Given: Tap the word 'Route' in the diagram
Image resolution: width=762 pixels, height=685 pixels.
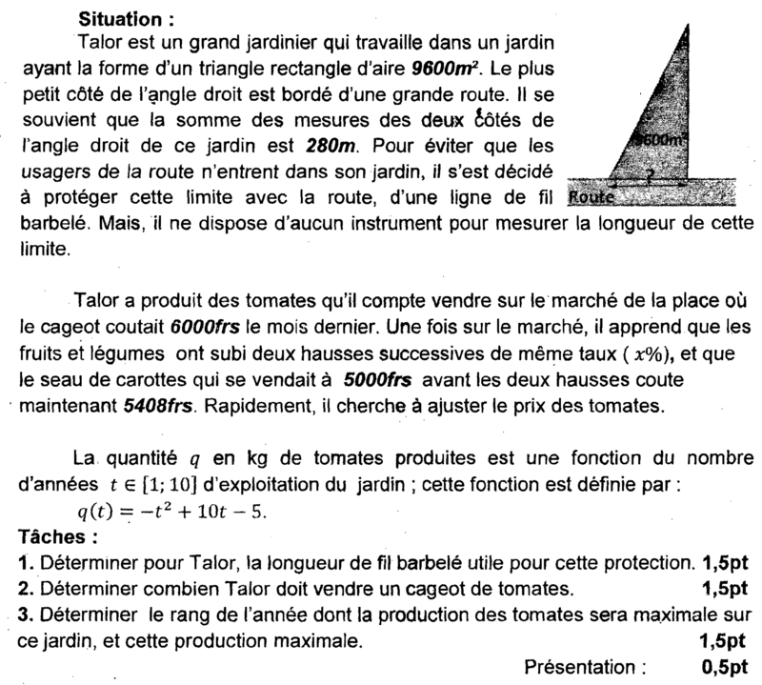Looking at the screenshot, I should point(591,198).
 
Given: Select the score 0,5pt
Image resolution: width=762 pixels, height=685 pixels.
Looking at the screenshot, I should point(727,665).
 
